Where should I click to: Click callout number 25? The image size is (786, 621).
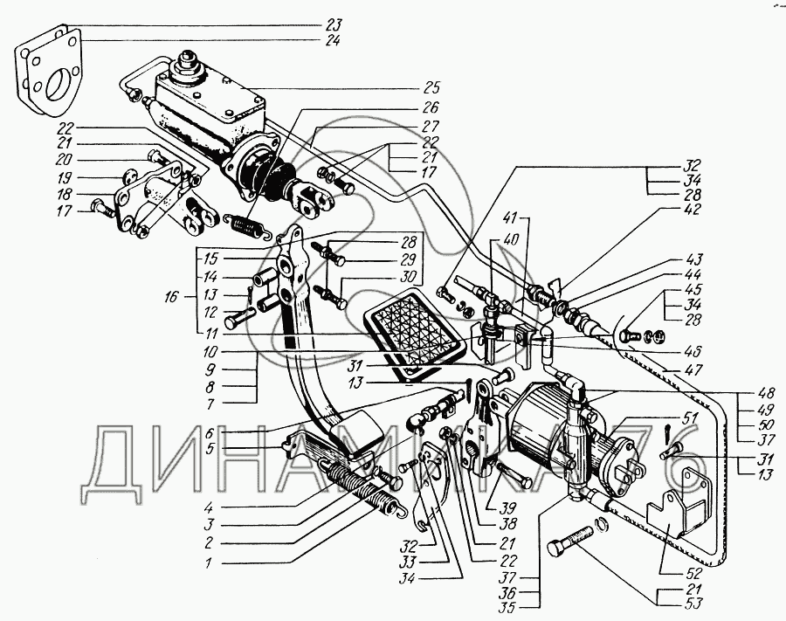(x=431, y=87)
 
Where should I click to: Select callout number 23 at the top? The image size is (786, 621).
(x=333, y=24)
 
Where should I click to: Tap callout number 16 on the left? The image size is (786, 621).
(x=171, y=297)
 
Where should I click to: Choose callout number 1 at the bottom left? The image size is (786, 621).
(x=208, y=562)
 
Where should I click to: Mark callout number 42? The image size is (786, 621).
(x=692, y=209)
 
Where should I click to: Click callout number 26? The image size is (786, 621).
(x=430, y=107)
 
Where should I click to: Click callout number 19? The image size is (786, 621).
(x=64, y=177)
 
